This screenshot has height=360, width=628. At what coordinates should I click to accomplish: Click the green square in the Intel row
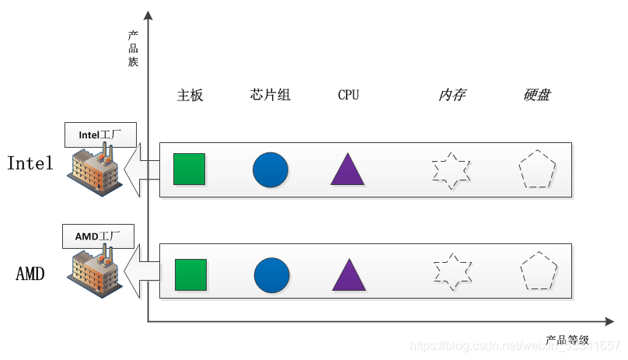pyautogui.click(x=189, y=169)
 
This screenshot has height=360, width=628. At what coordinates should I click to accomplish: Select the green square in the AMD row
pyautogui.click(x=190, y=274)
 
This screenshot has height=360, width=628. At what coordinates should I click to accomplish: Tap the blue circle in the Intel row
pyautogui.click(x=270, y=170)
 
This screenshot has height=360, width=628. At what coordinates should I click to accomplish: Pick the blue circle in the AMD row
pyautogui.click(x=271, y=275)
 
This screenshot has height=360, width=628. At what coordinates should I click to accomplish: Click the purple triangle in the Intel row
pyautogui.click(x=347, y=170)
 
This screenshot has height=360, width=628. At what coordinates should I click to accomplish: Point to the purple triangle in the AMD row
pyautogui.click(x=349, y=277)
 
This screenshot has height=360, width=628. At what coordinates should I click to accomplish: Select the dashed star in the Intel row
pyautogui.click(x=452, y=170)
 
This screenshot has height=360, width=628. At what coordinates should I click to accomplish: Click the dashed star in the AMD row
pyautogui.click(x=452, y=271)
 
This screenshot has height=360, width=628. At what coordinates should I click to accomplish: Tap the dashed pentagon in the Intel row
pyautogui.click(x=538, y=170)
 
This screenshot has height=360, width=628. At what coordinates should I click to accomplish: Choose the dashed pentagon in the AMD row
pyautogui.click(x=539, y=271)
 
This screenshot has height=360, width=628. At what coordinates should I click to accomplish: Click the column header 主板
pyautogui.click(x=190, y=96)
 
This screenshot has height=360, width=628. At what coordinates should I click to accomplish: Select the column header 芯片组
pyautogui.click(x=270, y=96)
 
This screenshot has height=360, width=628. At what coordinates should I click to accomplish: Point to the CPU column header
pyautogui.click(x=348, y=96)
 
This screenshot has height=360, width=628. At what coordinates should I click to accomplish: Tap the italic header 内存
pyautogui.click(x=452, y=96)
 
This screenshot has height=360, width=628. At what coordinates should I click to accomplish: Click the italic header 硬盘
pyautogui.click(x=537, y=96)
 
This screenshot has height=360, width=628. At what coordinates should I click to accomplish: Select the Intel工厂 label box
pyautogui.click(x=101, y=134)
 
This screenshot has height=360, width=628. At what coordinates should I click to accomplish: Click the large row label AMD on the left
pyautogui.click(x=30, y=274)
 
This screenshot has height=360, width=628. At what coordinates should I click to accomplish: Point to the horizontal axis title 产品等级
pyautogui.click(x=567, y=340)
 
